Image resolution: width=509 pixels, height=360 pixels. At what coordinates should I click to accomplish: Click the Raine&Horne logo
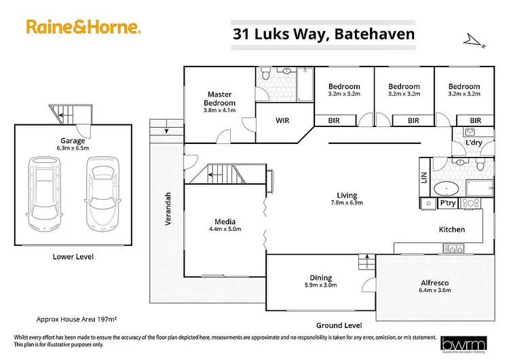tap(83, 27)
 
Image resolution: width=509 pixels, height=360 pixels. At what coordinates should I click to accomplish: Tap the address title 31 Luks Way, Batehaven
tap(323, 33)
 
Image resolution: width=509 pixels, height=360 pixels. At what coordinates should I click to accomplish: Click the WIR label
tap(282, 120)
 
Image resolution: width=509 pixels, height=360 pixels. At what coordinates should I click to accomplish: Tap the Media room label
tap(225, 225)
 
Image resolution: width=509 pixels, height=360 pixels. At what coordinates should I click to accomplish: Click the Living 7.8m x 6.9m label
tap(346, 198)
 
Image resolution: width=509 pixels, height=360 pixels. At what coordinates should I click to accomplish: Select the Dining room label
tap(321, 281)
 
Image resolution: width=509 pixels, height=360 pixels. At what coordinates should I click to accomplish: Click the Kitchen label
tap(451, 230)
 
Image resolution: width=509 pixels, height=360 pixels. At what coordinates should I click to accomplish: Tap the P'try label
tap(448, 203)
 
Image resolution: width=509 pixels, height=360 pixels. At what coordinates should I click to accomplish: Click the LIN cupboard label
tap(424, 178)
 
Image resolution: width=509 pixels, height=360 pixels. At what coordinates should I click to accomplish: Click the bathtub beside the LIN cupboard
tap(449, 188)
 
